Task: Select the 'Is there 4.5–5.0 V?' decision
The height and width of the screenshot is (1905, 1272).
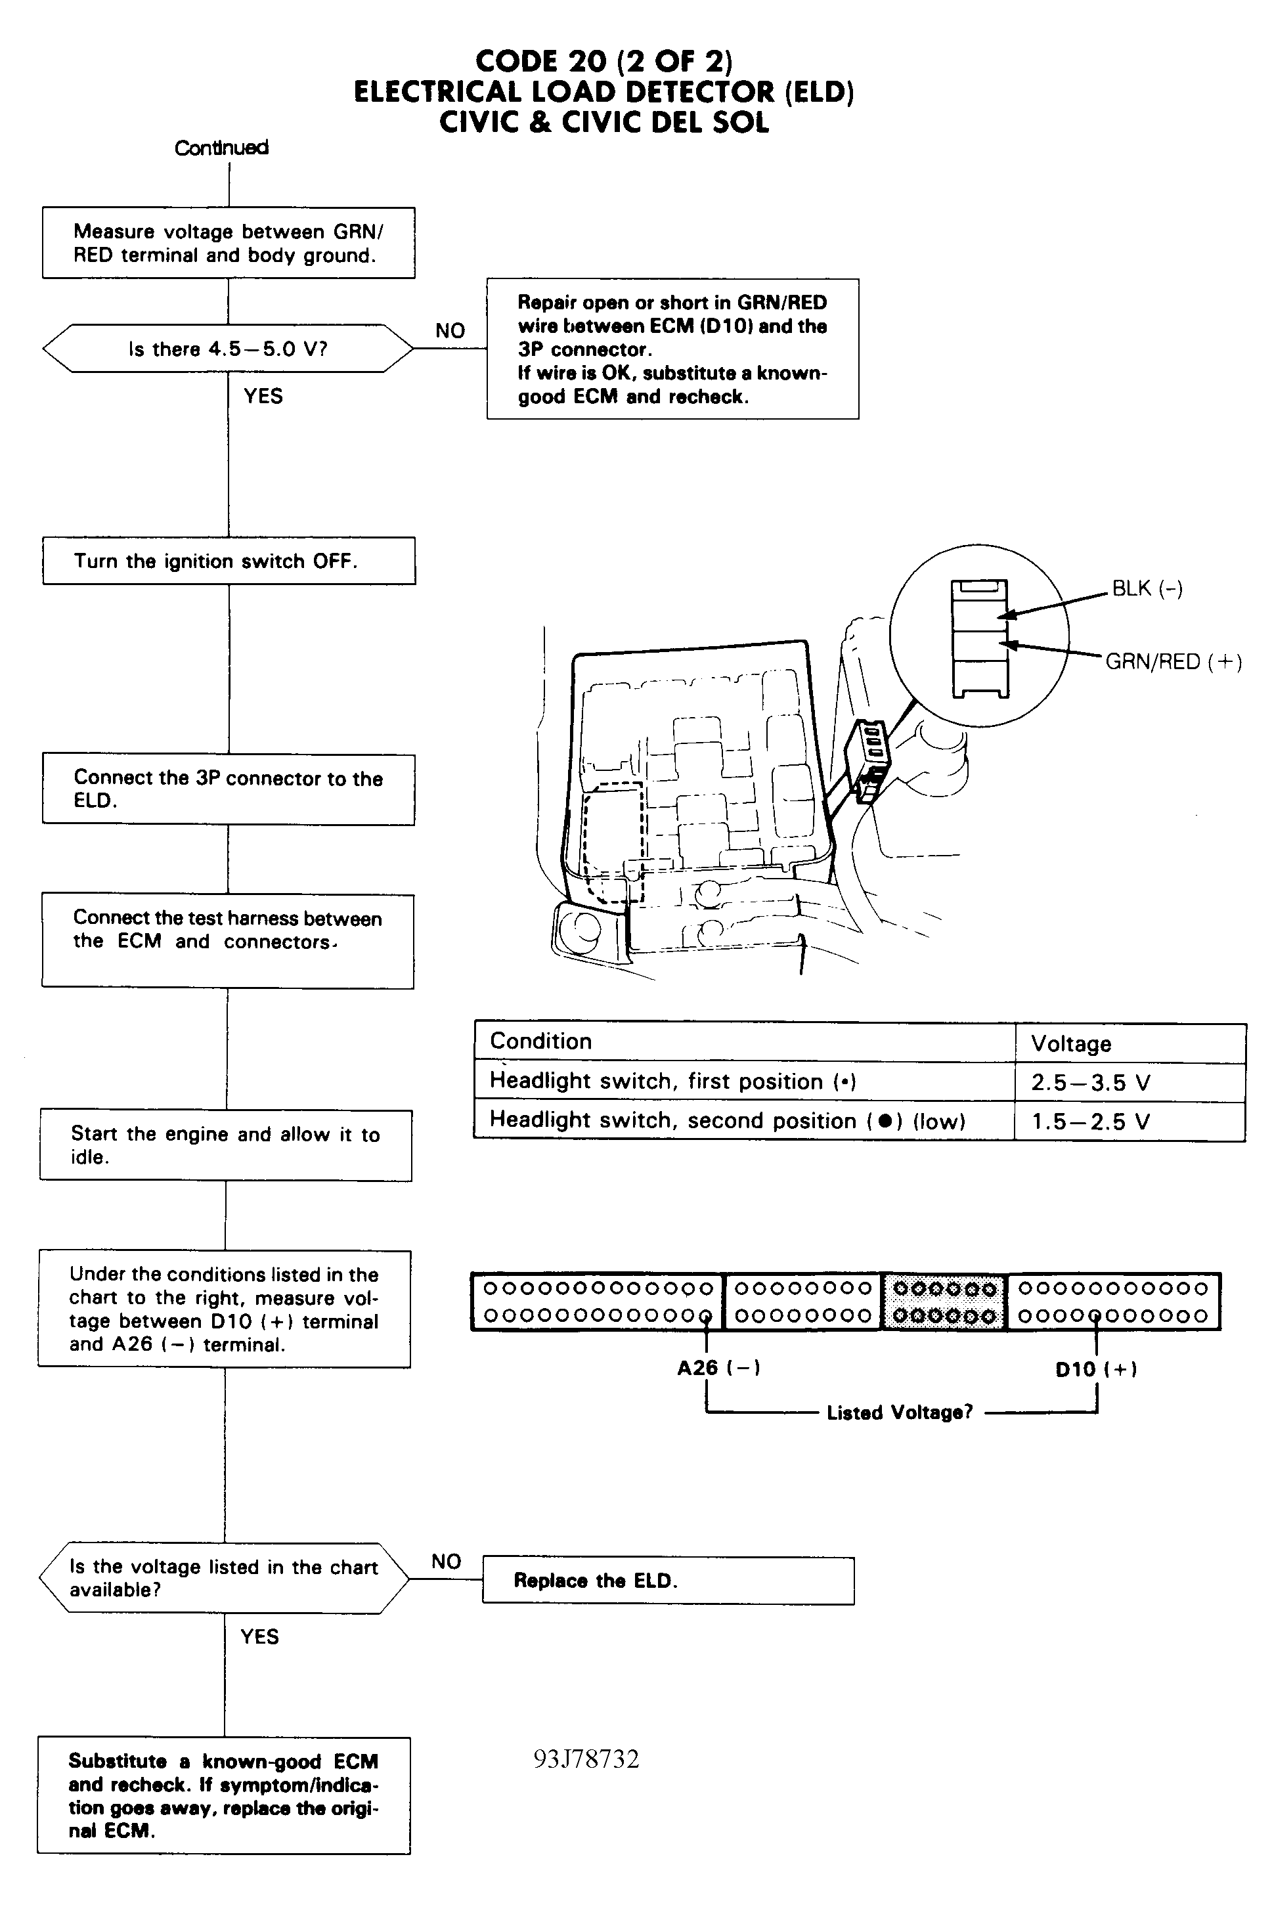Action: coord(227,349)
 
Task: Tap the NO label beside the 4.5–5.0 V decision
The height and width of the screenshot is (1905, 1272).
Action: coord(449,331)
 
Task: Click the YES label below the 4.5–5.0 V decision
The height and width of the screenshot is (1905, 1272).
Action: coord(263,396)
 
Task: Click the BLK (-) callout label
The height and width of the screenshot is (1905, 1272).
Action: coord(1147,589)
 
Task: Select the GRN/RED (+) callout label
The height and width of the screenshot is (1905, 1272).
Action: coord(1173,662)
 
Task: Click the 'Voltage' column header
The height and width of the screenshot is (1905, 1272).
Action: coord(1071,1043)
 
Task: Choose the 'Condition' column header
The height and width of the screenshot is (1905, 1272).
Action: coord(541,1041)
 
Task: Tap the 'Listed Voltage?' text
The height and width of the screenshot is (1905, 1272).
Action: coord(899,1412)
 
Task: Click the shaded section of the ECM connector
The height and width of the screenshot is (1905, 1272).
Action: coord(944,1302)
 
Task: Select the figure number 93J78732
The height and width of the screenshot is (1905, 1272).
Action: coord(586,1759)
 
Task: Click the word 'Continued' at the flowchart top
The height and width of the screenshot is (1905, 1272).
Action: coord(221,148)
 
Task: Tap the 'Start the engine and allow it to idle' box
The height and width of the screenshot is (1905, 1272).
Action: coord(225,1145)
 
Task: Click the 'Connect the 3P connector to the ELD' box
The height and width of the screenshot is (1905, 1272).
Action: coord(228,789)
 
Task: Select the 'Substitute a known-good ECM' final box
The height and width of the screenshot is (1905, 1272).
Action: coord(224,1795)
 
